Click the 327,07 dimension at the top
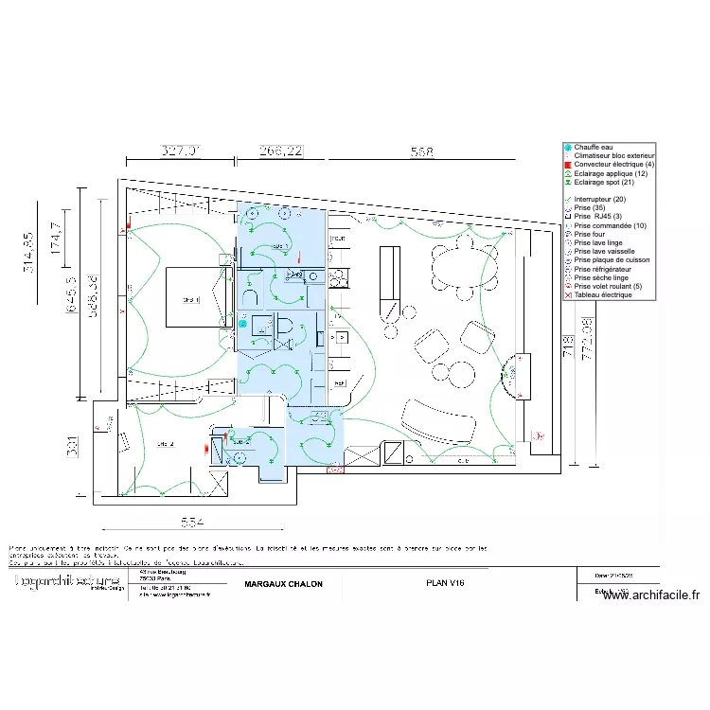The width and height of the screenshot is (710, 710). click(x=180, y=151)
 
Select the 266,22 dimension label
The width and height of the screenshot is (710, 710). click(x=281, y=151)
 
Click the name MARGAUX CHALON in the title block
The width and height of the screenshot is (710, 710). click(x=283, y=584)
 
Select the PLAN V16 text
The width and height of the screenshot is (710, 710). click(x=445, y=584)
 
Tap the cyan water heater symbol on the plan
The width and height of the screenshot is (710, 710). click(x=243, y=324)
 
